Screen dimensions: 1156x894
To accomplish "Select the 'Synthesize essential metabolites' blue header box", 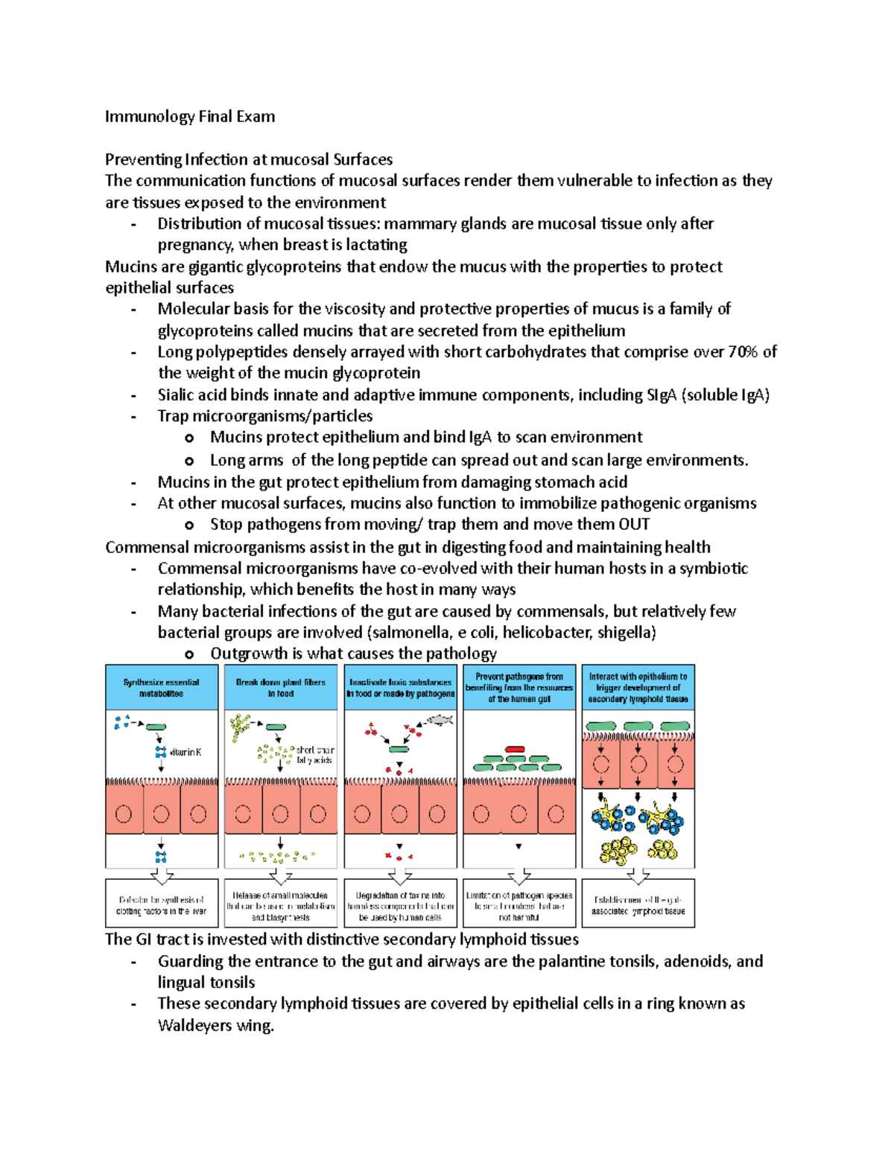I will coord(161,688).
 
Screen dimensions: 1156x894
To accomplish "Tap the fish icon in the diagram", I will coord(440,720).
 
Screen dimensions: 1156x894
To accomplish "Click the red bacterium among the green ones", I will coord(514,750).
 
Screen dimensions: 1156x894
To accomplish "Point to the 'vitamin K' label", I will coord(186,753).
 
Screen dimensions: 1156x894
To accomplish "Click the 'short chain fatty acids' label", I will coord(314,755).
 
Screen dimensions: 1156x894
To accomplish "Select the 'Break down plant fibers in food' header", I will coord(280,688).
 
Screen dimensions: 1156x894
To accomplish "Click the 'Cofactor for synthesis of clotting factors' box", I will coord(161,905).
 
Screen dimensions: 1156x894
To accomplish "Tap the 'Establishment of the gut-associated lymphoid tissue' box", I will coord(638,905).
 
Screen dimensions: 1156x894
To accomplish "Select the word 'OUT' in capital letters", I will coord(633,525).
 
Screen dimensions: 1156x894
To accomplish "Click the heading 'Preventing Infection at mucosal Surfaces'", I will coord(248,159).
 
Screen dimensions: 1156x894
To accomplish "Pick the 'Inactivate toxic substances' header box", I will coord(400,688).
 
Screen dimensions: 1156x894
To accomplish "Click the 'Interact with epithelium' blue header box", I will coord(638,688).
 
